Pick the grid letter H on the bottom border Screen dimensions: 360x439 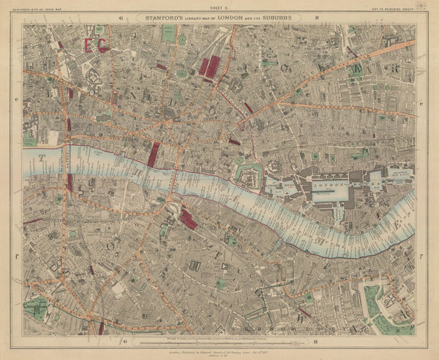(x=316, y=340)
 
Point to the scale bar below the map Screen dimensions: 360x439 (x=219, y=338)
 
